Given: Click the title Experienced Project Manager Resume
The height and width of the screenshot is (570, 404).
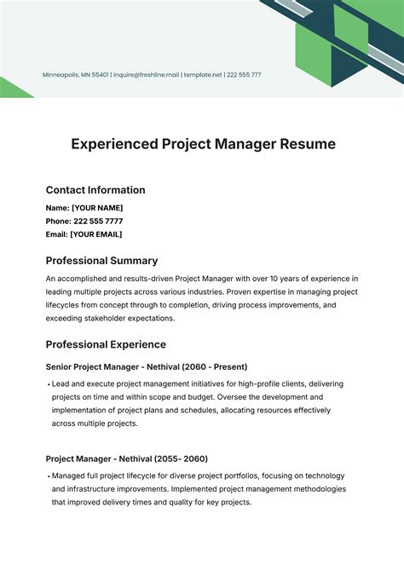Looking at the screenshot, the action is (202, 144).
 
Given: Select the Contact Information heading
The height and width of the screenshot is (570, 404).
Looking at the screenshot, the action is (95, 190).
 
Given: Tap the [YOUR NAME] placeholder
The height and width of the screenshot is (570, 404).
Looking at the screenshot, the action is (97, 208).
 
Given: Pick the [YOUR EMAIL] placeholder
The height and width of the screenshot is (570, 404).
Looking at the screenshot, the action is (96, 234).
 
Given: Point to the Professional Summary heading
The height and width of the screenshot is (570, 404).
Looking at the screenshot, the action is (101, 261).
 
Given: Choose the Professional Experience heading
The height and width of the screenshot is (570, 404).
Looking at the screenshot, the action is (106, 344).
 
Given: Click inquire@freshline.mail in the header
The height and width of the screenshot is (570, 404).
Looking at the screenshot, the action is (147, 75).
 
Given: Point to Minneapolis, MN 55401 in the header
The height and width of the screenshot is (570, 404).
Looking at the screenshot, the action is (76, 75).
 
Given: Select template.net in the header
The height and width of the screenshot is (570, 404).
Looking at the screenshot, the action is (203, 75).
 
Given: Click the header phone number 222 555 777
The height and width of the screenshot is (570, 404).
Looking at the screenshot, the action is (244, 75).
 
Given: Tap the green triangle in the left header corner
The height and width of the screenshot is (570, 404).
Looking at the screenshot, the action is (12, 89).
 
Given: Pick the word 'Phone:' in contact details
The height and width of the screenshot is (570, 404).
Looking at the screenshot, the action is (58, 221).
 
